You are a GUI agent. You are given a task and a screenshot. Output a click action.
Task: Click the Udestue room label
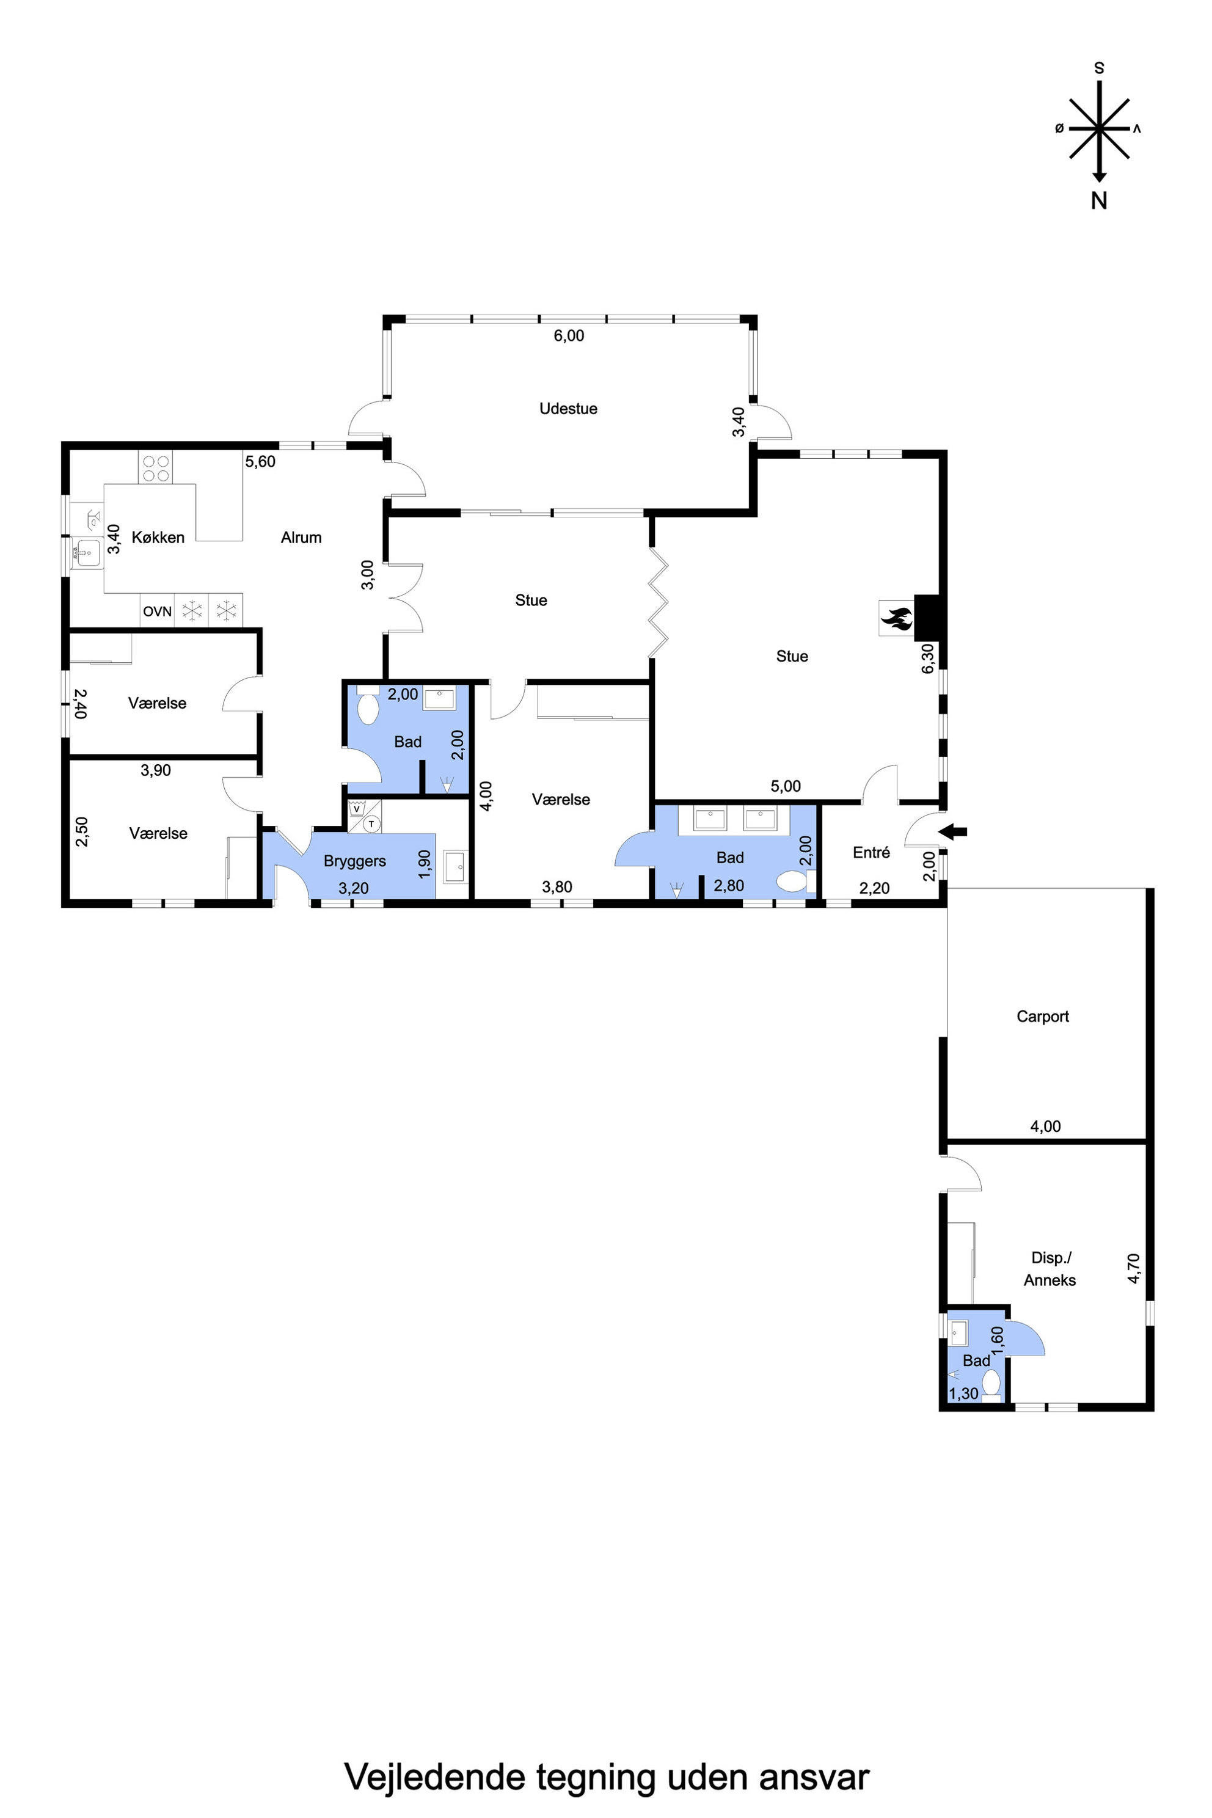(x=568, y=409)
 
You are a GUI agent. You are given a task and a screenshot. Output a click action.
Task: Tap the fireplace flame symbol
(x=897, y=618)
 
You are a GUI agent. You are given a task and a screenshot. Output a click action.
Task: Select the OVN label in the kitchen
(x=157, y=611)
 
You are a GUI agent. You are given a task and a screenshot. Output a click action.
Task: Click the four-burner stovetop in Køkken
(x=155, y=467)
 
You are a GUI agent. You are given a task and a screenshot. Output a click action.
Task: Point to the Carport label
(x=1043, y=1017)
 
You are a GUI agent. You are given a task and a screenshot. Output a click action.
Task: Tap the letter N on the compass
(x=1099, y=200)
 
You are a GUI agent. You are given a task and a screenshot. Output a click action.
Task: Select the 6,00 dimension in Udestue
(x=569, y=335)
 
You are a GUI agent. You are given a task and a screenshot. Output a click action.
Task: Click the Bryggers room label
(x=355, y=861)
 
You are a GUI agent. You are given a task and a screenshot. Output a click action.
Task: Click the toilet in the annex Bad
(x=991, y=1384)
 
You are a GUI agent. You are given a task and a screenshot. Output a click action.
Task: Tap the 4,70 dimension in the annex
(x=1134, y=1268)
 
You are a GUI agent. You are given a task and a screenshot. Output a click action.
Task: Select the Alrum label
(x=301, y=537)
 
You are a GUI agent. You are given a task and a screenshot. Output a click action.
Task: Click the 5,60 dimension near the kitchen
(x=260, y=461)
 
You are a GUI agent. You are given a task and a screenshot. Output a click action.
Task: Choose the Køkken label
(x=158, y=537)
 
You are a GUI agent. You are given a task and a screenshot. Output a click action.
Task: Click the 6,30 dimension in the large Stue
(x=929, y=659)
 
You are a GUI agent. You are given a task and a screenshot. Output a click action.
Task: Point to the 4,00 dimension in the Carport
(x=1045, y=1126)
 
